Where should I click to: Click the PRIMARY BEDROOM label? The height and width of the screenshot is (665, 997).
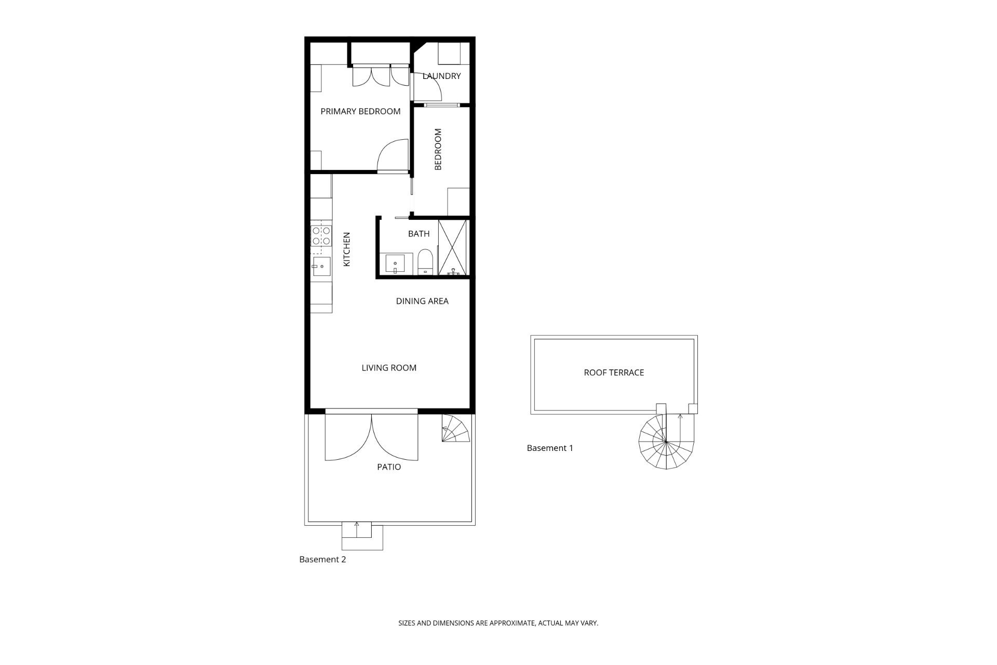tap(360, 111)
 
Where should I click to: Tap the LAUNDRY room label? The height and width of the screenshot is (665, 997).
tap(441, 76)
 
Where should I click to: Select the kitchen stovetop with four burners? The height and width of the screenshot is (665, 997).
tap(321, 236)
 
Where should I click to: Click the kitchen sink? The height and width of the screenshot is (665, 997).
tap(321, 267)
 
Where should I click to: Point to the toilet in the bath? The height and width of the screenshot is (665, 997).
tap(425, 262)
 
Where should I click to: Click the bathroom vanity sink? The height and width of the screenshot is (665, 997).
tap(396, 264)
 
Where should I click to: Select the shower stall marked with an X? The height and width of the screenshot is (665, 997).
tap(453, 247)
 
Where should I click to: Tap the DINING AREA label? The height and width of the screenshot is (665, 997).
tap(422, 301)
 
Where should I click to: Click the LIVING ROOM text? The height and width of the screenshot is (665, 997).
tap(389, 368)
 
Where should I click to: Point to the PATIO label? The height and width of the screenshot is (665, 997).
tap(389, 467)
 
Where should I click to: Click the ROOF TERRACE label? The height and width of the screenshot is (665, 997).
tap(614, 373)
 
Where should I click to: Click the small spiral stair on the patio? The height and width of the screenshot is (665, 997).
tap(455, 428)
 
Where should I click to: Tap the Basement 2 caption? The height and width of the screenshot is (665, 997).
tap(322, 560)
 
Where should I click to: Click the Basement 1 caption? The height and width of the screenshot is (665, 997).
tap(550, 448)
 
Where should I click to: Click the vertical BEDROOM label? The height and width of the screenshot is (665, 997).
tap(438, 150)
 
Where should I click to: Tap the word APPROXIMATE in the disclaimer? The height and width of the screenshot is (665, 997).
tap(505, 623)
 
